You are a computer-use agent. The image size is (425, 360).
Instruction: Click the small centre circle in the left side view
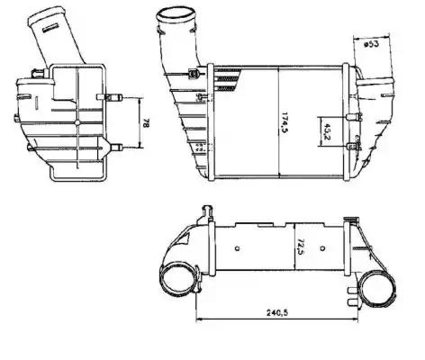(78, 120)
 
